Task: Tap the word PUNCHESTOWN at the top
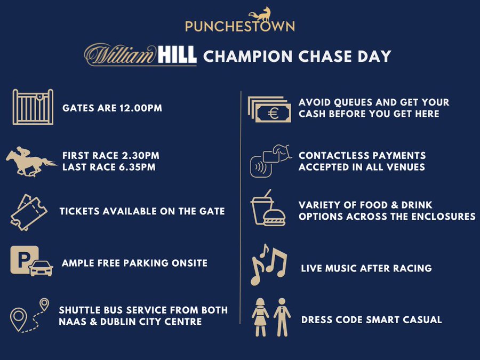[x=240, y=26]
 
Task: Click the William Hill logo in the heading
[x=140, y=54]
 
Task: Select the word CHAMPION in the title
[x=248, y=57]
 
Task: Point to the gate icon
[x=33, y=107]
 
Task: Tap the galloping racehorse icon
[x=31, y=161]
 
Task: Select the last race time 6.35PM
[x=137, y=167]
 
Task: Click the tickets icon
[x=29, y=212]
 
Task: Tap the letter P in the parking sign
[x=23, y=260]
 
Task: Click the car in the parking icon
[x=41, y=268]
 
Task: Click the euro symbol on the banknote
[x=273, y=114]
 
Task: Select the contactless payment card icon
[x=270, y=161]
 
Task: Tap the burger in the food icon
[x=274, y=217]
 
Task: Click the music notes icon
[x=269, y=265]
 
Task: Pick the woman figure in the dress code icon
[x=260, y=317]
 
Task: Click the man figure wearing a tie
[x=282, y=317]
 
